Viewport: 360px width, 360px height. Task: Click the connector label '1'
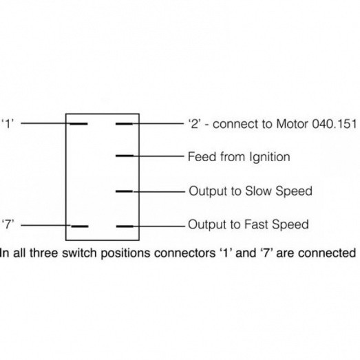click(x=8, y=124)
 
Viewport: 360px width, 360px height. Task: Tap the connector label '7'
click(x=8, y=224)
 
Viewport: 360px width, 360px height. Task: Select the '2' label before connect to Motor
click(x=195, y=124)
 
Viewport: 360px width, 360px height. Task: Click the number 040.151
click(x=334, y=124)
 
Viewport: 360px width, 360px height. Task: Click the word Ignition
click(x=270, y=157)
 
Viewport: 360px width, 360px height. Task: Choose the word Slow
click(x=258, y=191)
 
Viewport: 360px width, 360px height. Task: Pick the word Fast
click(x=256, y=224)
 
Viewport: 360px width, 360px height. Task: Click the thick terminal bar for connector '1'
click(x=78, y=124)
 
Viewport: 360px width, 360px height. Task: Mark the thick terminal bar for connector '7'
click(x=80, y=226)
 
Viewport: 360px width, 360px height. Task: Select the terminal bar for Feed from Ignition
click(x=125, y=156)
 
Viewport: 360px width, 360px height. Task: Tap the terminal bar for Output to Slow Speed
click(x=124, y=191)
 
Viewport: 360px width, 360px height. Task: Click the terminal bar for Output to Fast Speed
click(x=125, y=226)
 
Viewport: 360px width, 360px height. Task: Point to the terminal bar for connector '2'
click(x=124, y=124)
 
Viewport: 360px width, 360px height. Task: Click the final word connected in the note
click(x=327, y=253)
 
